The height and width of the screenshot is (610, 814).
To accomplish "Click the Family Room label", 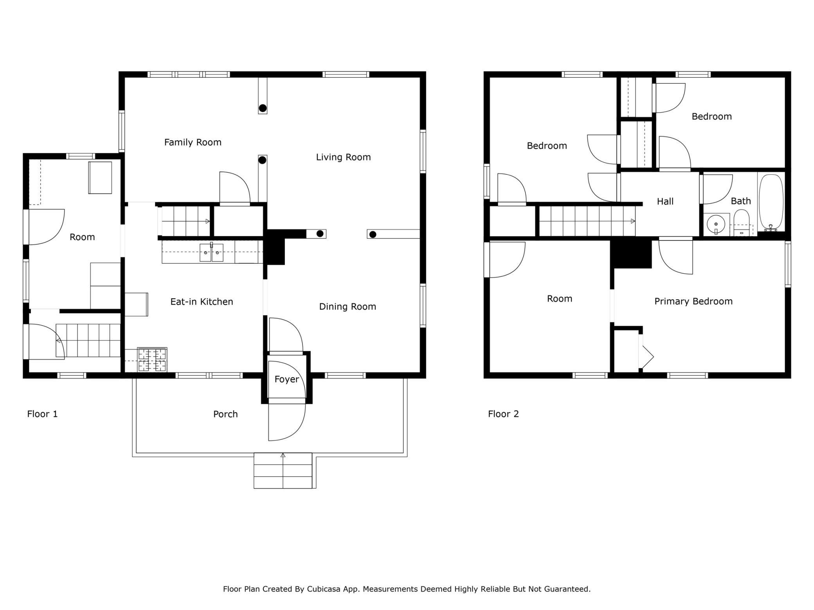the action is pyautogui.click(x=193, y=142).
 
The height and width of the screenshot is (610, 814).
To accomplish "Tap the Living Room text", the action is pyautogui.click(x=343, y=157).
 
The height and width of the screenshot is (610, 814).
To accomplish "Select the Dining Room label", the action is pyautogui.click(x=348, y=307).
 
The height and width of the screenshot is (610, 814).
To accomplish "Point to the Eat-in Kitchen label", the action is pyautogui.click(x=202, y=301).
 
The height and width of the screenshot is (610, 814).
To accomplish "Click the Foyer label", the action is pyautogui.click(x=286, y=379).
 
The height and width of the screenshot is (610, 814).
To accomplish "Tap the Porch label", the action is pyautogui.click(x=225, y=414).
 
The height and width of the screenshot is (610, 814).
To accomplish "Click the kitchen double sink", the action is pyautogui.click(x=211, y=252).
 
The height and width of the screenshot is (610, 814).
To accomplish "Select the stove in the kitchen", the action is pyautogui.click(x=152, y=360).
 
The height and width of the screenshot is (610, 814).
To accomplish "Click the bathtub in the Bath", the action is pyautogui.click(x=771, y=202).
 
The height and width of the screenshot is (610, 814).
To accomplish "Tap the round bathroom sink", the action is pyautogui.click(x=716, y=225).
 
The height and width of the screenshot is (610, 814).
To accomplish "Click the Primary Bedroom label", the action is pyautogui.click(x=693, y=301).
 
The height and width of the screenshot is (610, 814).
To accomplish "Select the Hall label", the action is pyautogui.click(x=665, y=201).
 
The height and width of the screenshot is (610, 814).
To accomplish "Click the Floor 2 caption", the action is pyautogui.click(x=503, y=414).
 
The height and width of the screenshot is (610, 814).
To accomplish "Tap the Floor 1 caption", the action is pyautogui.click(x=42, y=414).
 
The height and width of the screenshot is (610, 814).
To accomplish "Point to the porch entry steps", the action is pyautogui.click(x=283, y=470).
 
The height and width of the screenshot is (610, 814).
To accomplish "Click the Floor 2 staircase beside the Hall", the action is pyautogui.click(x=587, y=221).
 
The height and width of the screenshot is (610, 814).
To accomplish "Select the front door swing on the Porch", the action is pyautogui.click(x=287, y=422).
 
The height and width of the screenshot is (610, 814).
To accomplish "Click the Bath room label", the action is pyautogui.click(x=741, y=201).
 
